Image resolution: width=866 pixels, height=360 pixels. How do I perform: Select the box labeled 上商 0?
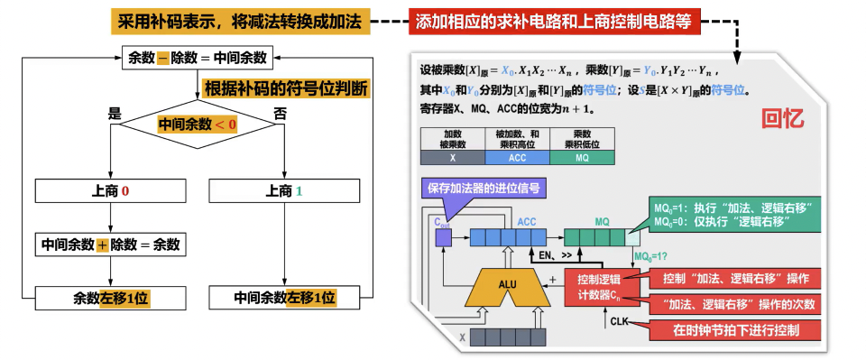point(109,191)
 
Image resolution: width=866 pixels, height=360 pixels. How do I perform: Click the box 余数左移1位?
point(109,297)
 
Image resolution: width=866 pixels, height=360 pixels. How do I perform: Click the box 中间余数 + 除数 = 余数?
point(109,245)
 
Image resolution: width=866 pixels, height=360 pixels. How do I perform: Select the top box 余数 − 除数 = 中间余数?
point(198,58)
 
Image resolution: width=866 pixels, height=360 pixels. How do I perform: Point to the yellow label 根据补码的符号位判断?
point(286,88)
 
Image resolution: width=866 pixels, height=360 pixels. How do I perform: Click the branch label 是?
point(115,114)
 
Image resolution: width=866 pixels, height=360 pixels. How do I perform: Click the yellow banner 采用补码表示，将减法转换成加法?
point(241,21)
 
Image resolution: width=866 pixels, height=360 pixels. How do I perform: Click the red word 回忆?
point(783,117)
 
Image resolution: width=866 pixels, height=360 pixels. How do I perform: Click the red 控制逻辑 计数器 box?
point(602,286)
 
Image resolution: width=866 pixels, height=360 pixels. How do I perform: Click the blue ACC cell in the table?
point(517,157)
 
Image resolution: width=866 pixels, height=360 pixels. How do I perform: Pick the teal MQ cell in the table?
point(582,157)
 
